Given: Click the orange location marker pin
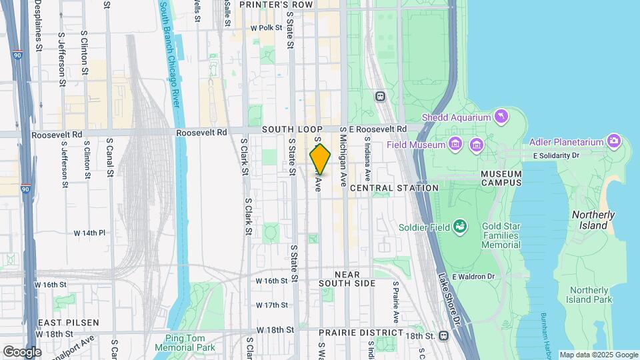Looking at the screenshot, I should click(320, 159).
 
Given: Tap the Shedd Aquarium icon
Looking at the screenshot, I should click(500, 117).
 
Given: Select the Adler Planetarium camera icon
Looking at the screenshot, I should click(613, 141).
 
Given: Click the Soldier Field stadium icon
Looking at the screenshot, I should click(459, 227).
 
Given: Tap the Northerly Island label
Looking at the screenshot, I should click(593, 220).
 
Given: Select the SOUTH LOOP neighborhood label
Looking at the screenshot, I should click(292, 129).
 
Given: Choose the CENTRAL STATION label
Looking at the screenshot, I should click(394, 188).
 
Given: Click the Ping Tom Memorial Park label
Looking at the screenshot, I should click(185, 343).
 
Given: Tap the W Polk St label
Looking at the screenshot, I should click(267, 28).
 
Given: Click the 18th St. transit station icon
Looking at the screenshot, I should click(443, 336).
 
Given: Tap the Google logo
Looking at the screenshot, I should click(22, 351).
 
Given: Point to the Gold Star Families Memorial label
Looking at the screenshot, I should click(501, 235).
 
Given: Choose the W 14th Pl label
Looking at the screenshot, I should click(89, 233).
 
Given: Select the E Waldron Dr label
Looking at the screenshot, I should click(473, 277).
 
